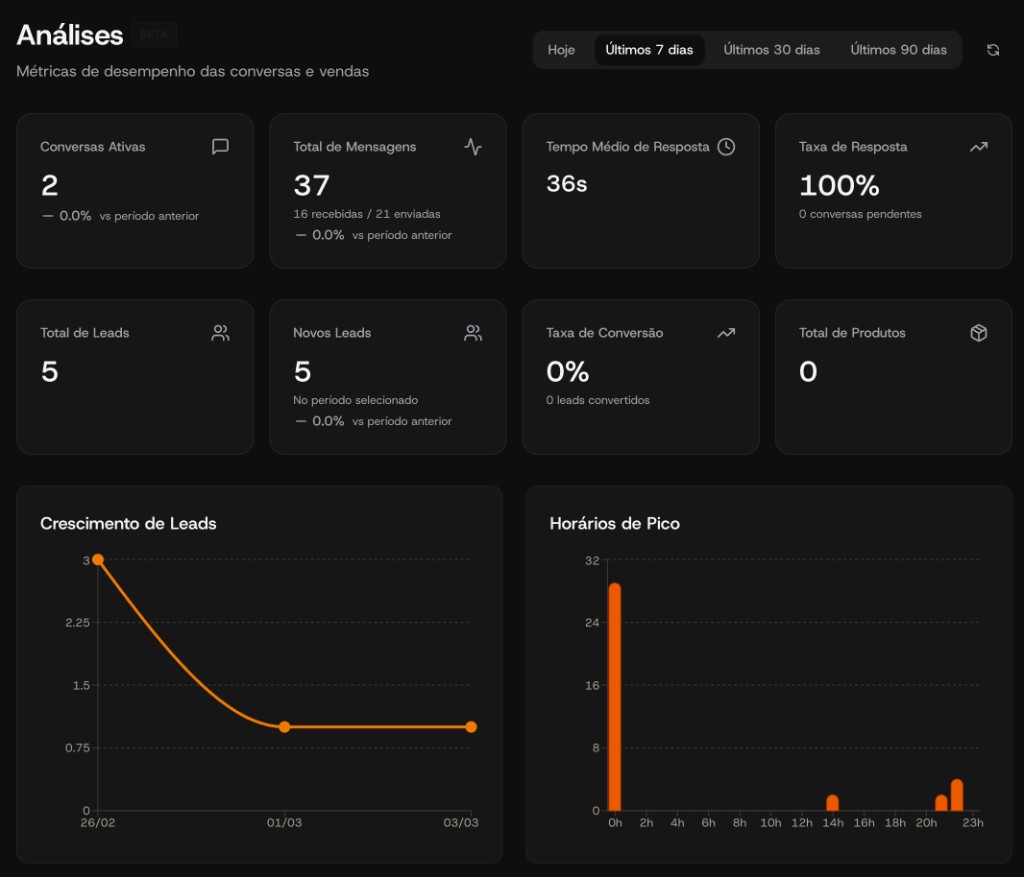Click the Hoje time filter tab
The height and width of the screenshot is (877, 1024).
[x=561, y=50]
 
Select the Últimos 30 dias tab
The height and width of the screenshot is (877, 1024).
[x=771, y=50]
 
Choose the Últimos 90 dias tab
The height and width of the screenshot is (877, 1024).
[x=898, y=50]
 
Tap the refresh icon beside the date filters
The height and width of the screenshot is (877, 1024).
[x=993, y=50]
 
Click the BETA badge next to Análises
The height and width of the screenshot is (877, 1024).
[x=153, y=35]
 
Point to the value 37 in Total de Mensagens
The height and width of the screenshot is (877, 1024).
[x=311, y=185]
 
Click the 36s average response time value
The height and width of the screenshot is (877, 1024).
[x=567, y=184]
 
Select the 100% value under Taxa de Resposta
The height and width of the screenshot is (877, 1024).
[x=839, y=185]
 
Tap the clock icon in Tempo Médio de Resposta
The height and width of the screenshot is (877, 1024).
[x=726, y=147]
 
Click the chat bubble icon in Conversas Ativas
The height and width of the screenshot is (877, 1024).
[x=220, y=147]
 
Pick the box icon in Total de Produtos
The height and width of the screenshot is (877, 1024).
[x=979, y=333]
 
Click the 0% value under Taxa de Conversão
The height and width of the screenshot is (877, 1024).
[x=567, y=371]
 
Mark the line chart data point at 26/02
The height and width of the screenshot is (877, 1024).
[x=98, y=560]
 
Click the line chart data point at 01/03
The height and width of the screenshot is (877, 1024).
[x=284, y=727]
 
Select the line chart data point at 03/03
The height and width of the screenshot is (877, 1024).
[x=471, y=727]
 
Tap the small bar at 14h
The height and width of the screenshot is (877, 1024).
[x=832, y=803]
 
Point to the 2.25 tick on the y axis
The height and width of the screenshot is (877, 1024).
[x=76, y=623]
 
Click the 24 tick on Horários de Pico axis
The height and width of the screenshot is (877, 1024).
[x=591, y=623]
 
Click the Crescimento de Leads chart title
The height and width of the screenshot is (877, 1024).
[x=128, y=523]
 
